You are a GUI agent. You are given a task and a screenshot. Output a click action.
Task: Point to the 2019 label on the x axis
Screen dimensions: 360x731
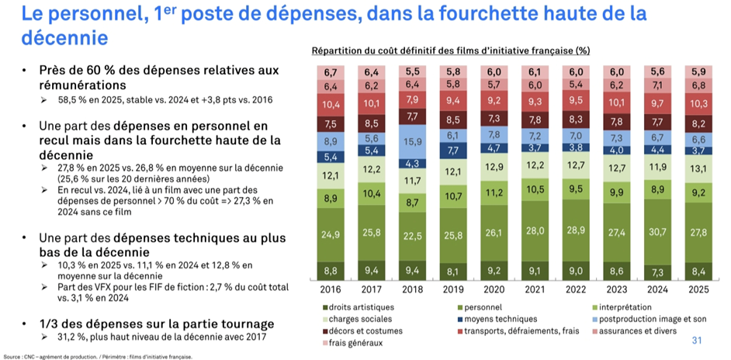452,290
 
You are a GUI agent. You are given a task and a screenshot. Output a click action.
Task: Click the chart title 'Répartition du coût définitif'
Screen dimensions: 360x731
451,50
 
